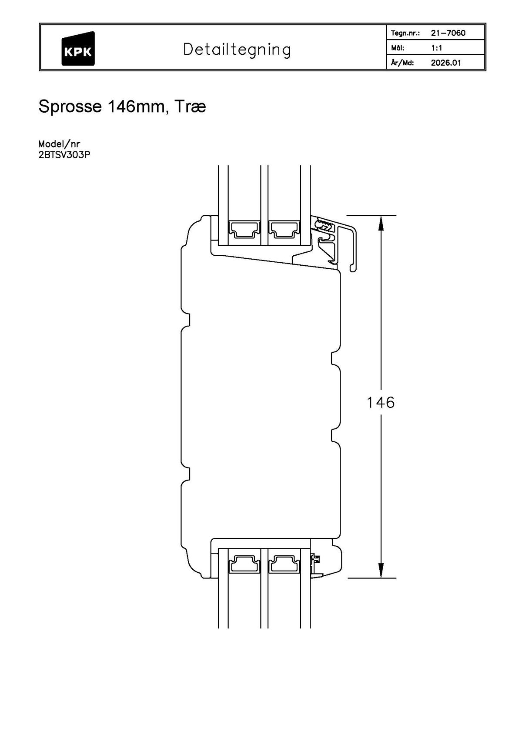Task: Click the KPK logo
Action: [78, 49]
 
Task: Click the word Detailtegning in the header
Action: [237, 50]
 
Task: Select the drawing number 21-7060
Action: [448, 33]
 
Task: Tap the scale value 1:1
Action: [436, 48]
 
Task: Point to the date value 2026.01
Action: [445, 63]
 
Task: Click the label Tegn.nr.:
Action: [405, 33]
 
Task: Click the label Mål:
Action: [398, 48]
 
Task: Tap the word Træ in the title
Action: [190, 107]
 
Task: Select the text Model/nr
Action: [59, 144]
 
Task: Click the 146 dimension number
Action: [381, 403]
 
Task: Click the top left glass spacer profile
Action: [244, 229]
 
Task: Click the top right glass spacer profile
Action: [284, 229]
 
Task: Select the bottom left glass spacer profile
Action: [244, 564]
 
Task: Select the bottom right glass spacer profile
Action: [284, 564]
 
